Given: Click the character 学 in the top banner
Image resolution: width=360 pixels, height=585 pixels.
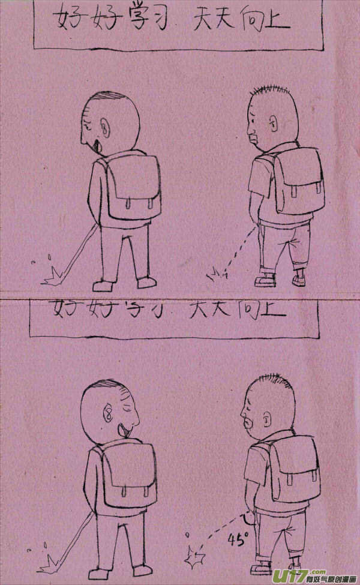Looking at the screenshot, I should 139,22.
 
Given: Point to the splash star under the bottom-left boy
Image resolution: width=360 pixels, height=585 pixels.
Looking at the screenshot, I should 47,563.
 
